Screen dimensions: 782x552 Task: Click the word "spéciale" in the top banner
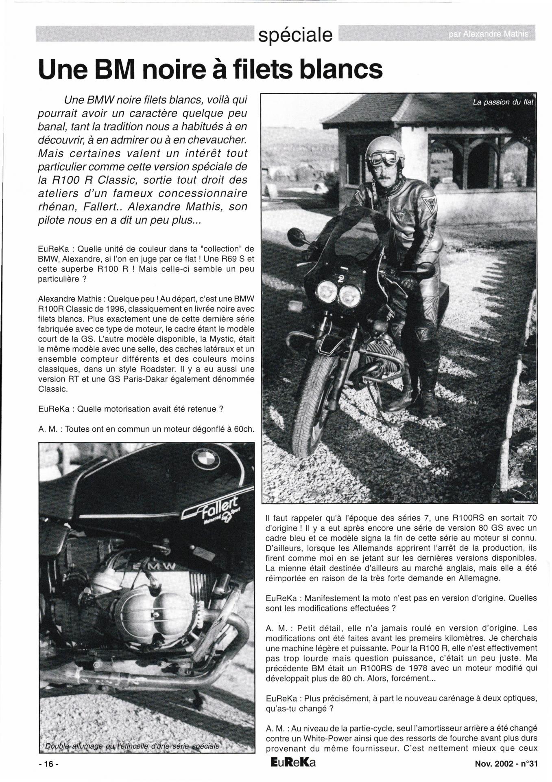295,35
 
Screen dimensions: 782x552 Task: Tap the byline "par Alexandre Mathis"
489,35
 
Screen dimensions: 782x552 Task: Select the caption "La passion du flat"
502,102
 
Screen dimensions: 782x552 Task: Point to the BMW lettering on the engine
154,567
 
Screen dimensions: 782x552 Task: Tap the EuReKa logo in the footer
293,763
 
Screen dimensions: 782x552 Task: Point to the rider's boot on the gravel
429,401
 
